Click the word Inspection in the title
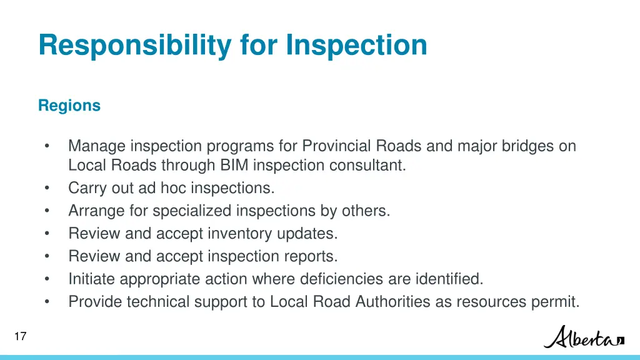coord(357,46)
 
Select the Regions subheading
coord(69,106)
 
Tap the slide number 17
coord(20,337)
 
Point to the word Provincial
coord(336,146)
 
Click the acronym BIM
coord(234,166)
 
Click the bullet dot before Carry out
coord(47,188)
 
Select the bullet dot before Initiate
coord(47,279)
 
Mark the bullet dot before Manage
coord(47,146)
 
